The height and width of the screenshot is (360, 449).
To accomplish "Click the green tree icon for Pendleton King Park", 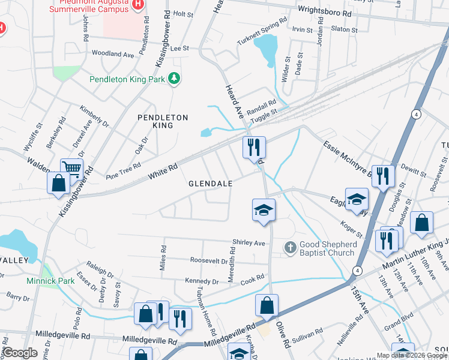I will [174, 79].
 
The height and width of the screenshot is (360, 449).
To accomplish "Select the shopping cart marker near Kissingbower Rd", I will [71, 169].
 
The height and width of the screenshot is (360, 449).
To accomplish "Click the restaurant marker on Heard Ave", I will [253, 146].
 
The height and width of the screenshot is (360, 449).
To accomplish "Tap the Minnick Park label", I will [46, 280].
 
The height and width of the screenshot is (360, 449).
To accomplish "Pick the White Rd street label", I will [163, 174].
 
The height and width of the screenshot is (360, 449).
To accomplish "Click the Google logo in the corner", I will [20, 352].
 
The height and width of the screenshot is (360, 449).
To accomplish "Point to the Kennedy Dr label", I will [202, 281].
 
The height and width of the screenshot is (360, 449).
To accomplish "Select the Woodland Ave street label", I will [113, 54].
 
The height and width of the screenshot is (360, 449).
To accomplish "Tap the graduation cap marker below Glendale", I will [264, 209].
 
